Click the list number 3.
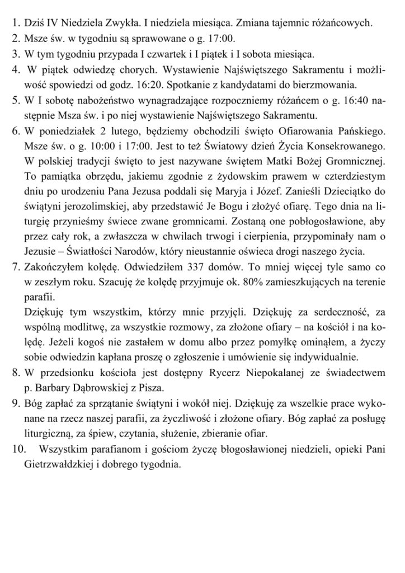point(15,54)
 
